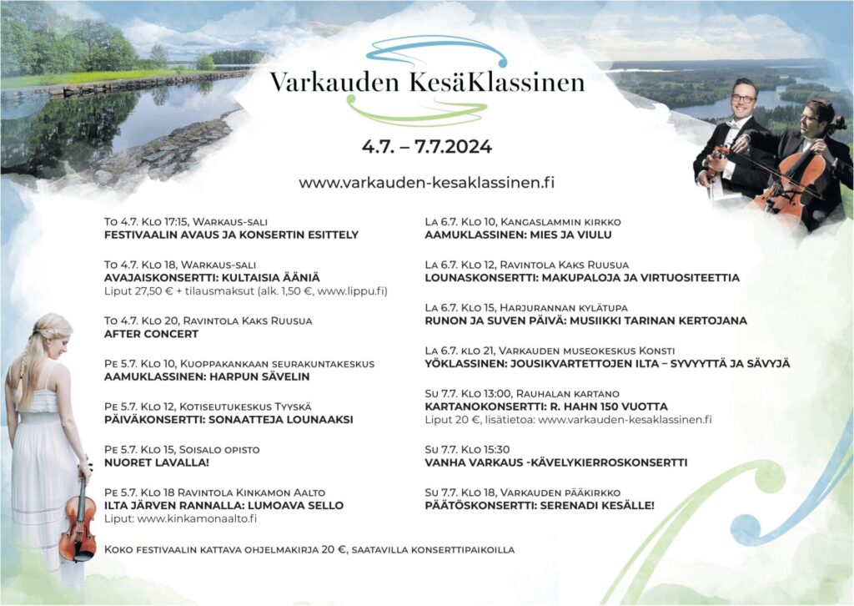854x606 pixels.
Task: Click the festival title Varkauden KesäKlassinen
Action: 427,83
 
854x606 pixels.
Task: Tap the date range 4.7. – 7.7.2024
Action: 427,147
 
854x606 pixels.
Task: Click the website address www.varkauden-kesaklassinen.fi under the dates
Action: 427,182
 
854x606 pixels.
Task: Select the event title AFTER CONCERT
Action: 151,334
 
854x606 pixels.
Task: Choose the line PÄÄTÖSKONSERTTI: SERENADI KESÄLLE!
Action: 540,505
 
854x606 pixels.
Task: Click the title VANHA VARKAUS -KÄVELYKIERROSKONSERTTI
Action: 555,462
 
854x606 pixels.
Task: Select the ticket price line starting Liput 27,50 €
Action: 246,290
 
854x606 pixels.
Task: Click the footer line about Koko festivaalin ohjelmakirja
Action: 309,550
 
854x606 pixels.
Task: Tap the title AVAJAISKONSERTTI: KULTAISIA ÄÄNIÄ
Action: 212,276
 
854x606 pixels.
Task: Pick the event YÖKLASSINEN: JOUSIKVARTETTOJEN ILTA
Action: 607,363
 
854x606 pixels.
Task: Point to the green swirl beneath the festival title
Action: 417,111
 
